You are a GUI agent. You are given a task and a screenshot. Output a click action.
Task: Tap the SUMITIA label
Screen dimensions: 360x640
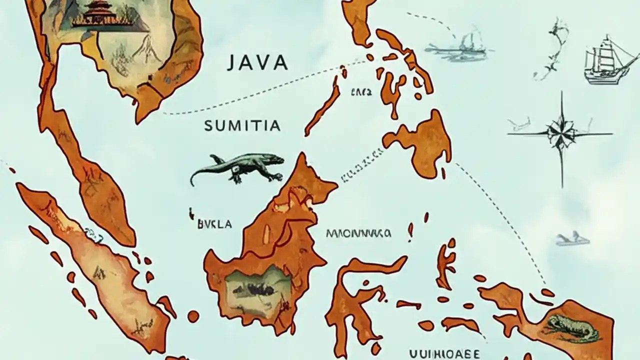(242, 126)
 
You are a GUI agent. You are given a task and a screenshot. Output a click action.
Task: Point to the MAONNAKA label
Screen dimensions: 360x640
(358, 233)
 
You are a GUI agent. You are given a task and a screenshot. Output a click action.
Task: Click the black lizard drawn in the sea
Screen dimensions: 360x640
(240, 168)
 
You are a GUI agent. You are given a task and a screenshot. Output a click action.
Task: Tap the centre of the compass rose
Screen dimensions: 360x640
(560, 133)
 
